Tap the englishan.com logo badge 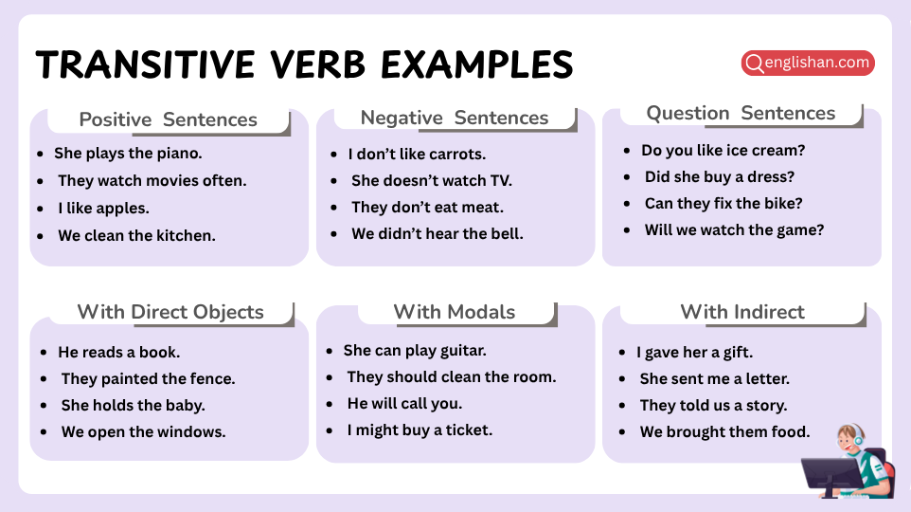coord(808,64)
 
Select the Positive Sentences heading coord(168,119)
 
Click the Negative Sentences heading coord(454,118)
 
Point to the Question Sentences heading coord(741,113)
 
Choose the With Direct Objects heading coord(170,312)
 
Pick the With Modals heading coord(454,312)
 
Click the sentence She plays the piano coord(128,153)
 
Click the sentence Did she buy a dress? coord(719,176)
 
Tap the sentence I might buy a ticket coord(420,430)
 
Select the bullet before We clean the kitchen coord(40,235)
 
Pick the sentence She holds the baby coord(133,405)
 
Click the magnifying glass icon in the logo coord(755,64)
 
